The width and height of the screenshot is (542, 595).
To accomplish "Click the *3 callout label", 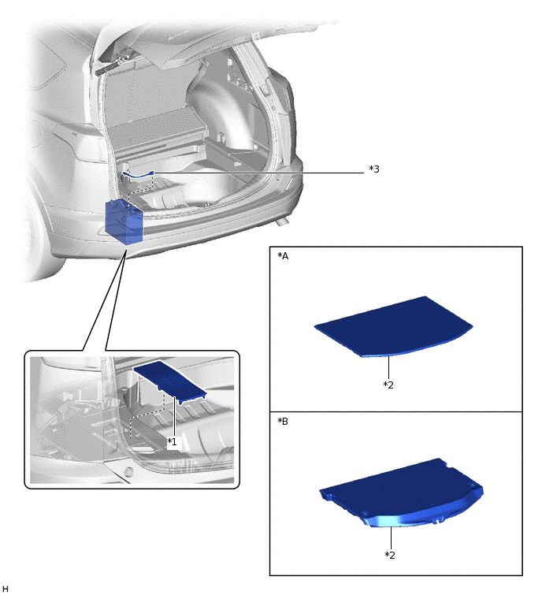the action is tap(374, 169).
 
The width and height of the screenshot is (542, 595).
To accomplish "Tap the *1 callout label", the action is tap(173, 441).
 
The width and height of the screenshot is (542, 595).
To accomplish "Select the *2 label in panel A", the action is tap(388, 385).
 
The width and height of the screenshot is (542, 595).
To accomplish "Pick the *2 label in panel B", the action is tap(390, 555).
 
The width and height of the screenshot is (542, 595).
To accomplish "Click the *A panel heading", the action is tap(283, 256).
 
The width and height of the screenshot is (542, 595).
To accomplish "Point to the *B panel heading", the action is tap(283, 421).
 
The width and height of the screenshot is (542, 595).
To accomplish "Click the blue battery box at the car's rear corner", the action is tap(124, 222).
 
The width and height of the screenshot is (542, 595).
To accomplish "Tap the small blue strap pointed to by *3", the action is tap(138, 174).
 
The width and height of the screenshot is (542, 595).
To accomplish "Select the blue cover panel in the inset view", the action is tap(169, 381).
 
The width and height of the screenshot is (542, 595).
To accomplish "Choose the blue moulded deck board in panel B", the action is tap(401, 493).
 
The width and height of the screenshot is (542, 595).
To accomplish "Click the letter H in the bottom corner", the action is tap(5, 589).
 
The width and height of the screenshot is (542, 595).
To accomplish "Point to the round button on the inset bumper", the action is tap(129, 472).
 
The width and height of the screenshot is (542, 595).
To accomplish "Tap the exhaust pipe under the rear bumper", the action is tap(281, 221).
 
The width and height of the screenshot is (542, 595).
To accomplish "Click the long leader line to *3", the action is tap(258, 173).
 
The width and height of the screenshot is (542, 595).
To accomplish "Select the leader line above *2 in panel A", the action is tap(388, 368).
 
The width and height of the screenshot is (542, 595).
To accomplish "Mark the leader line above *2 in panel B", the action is tap(391, 537).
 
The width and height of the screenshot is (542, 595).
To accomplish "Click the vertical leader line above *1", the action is tap(174, 417).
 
